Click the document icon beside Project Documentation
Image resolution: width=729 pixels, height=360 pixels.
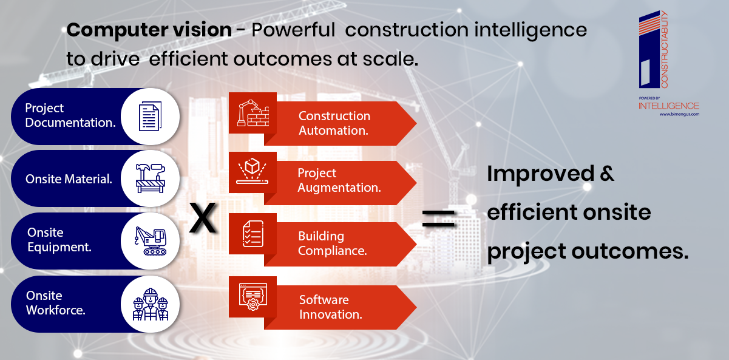click(x=151, y=116)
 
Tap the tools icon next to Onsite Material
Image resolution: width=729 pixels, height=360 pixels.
click(x=151, y=178)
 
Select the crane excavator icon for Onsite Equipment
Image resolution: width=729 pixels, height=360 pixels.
click(x=151, y=241)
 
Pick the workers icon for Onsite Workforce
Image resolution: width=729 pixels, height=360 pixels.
click(x=151, y=304)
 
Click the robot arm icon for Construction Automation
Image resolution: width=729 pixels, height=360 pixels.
click(x=253, y=113)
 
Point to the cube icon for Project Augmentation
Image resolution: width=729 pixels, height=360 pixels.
click(x=253, y=171)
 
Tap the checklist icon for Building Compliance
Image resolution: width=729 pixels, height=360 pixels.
click(x=253, y=234)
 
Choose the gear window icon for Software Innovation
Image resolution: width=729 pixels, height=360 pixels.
click(x=253, y=296)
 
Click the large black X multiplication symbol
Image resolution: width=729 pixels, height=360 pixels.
click(x=203, y=217)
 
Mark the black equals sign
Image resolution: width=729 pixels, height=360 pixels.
click(x=438, y=218)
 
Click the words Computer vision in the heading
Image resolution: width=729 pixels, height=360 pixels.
click(x=149, y=30)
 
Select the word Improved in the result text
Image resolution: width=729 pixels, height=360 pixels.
click(x=541, y=174)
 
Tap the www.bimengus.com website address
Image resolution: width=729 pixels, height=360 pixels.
click(x=679, y=114)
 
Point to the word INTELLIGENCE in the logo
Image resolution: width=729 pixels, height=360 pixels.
click(x=669, y=106)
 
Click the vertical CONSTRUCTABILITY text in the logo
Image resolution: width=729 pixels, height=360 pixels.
click(x=664, y=49)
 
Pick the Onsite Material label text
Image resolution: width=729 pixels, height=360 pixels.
click(x=69, y=179)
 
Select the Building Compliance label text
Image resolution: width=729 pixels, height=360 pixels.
click(x=332, y=243)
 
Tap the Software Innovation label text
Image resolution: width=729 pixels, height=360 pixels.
click(x=331, y=307)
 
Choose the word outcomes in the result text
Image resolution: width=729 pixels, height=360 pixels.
click(x=630, y=251)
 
